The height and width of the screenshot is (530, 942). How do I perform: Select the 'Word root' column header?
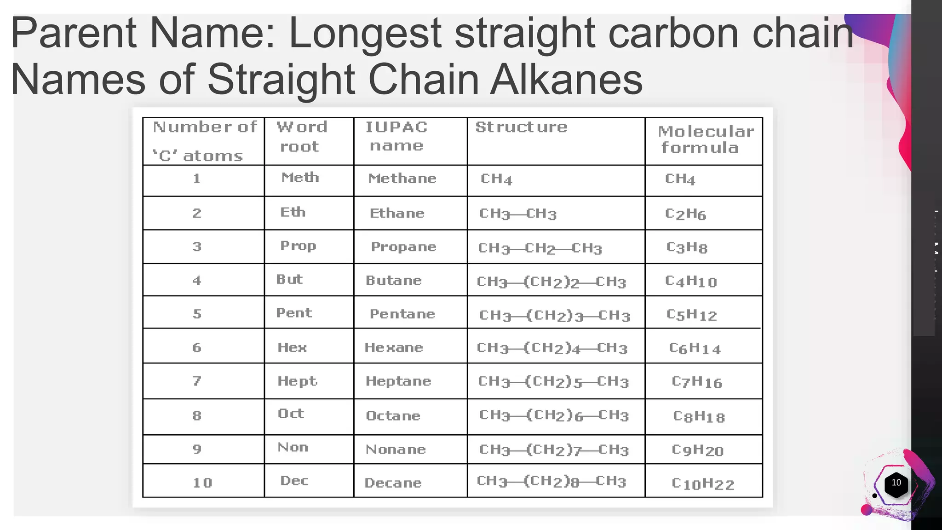tap(301, 137)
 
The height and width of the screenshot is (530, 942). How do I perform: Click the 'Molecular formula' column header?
tap(705, 139)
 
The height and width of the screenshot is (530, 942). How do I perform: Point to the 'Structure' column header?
tap(521, 127)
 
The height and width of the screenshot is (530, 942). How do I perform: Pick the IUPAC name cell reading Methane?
tap(402, 179)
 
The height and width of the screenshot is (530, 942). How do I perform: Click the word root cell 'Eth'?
tap(293, 212)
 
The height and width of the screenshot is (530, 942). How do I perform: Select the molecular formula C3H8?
tap(687, 248)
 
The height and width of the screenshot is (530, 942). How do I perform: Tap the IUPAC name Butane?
tap(393, 281)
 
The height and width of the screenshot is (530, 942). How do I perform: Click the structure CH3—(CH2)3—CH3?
tap(554, 315)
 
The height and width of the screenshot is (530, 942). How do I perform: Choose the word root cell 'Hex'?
tap(292, 347)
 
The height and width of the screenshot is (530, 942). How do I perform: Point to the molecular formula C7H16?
tap(696, 382)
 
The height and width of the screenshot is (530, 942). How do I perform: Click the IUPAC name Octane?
tap(393, 416)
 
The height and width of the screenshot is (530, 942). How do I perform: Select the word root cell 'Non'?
tap(293, 447)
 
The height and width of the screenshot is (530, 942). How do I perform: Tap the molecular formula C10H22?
tap(702, 484)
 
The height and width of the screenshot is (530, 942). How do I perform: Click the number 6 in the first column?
tap(197, 347)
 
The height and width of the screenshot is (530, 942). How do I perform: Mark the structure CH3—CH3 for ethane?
tap(518, 214)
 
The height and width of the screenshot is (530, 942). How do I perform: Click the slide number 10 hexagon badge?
tap(896, 483)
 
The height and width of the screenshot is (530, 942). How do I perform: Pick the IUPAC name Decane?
tap(393, 483)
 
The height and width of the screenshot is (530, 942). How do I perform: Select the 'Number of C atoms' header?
tap(204, 141)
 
